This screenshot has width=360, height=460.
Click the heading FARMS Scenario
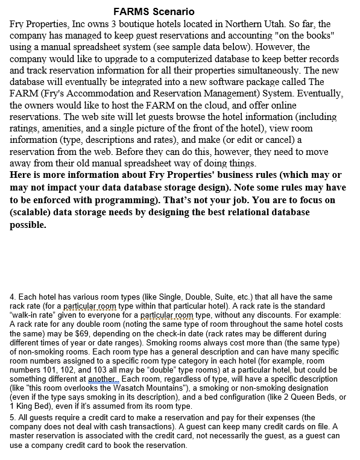click(154, 11)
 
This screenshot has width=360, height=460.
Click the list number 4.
click(13, 297)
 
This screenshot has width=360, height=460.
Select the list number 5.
click(13, 417)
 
